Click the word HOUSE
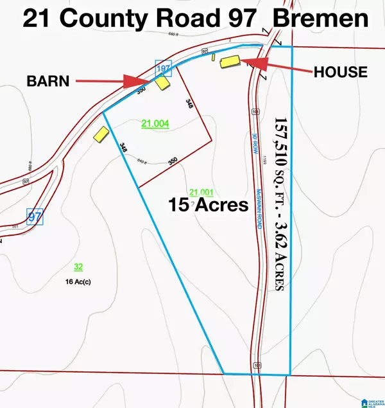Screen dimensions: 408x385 click(340, 71)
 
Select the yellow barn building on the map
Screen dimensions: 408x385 click(164, 84)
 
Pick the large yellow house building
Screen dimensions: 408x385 click(230, 62)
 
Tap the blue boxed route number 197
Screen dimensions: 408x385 click(164, 66)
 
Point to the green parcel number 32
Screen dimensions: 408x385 click(78, 266)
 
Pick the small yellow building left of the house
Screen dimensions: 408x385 click(212, 57)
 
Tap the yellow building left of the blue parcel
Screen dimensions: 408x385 click(101, 135)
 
